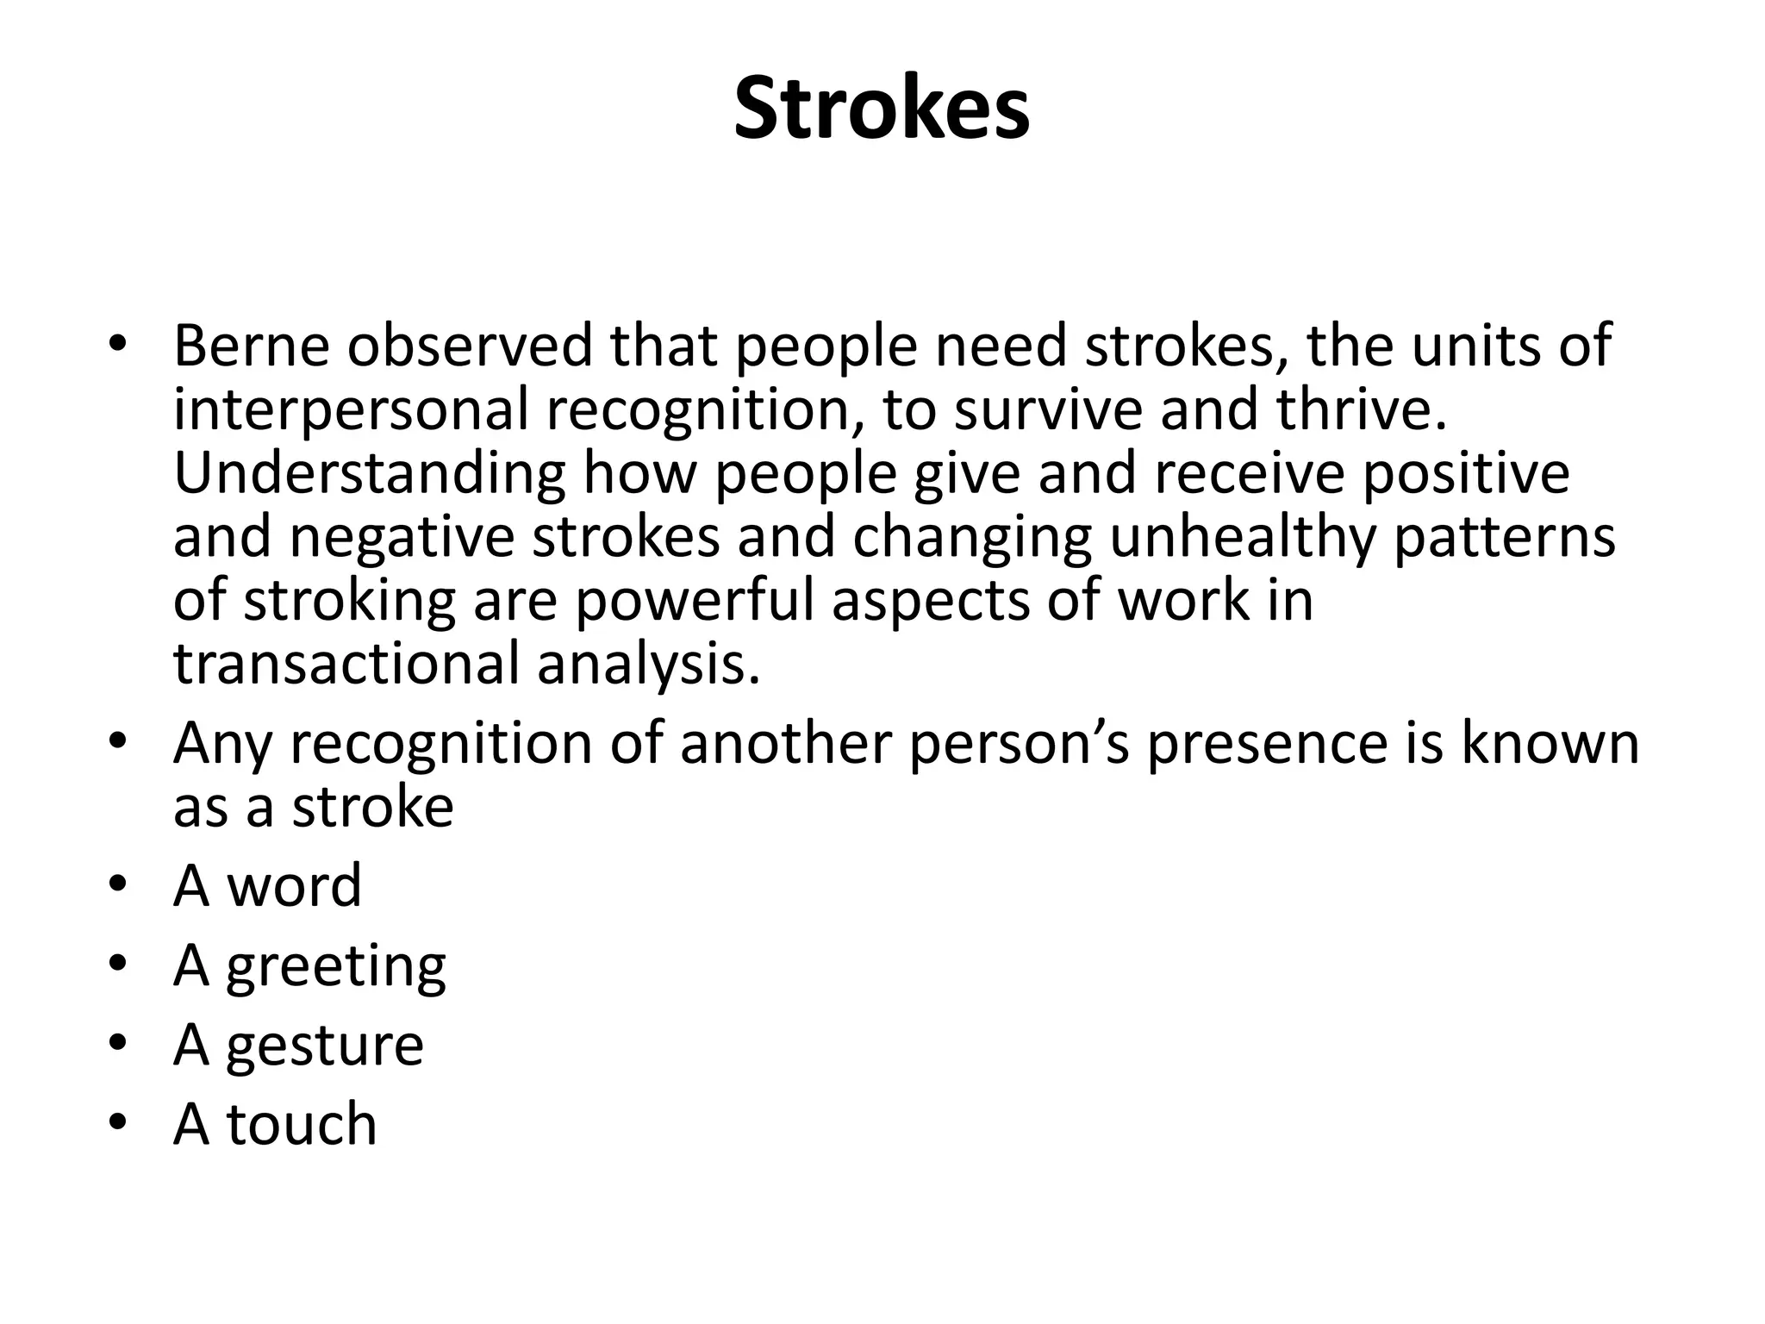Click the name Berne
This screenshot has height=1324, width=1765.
point(252,347)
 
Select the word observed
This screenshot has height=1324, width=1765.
point(471,347)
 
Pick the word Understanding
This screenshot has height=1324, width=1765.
point(370,475)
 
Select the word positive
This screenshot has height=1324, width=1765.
point(1466,475)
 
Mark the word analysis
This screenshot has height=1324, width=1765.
point(649,665)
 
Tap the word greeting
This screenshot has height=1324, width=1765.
point(336,967)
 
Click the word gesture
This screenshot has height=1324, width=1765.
point(325,1046)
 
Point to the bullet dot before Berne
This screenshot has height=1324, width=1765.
point(118,346)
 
